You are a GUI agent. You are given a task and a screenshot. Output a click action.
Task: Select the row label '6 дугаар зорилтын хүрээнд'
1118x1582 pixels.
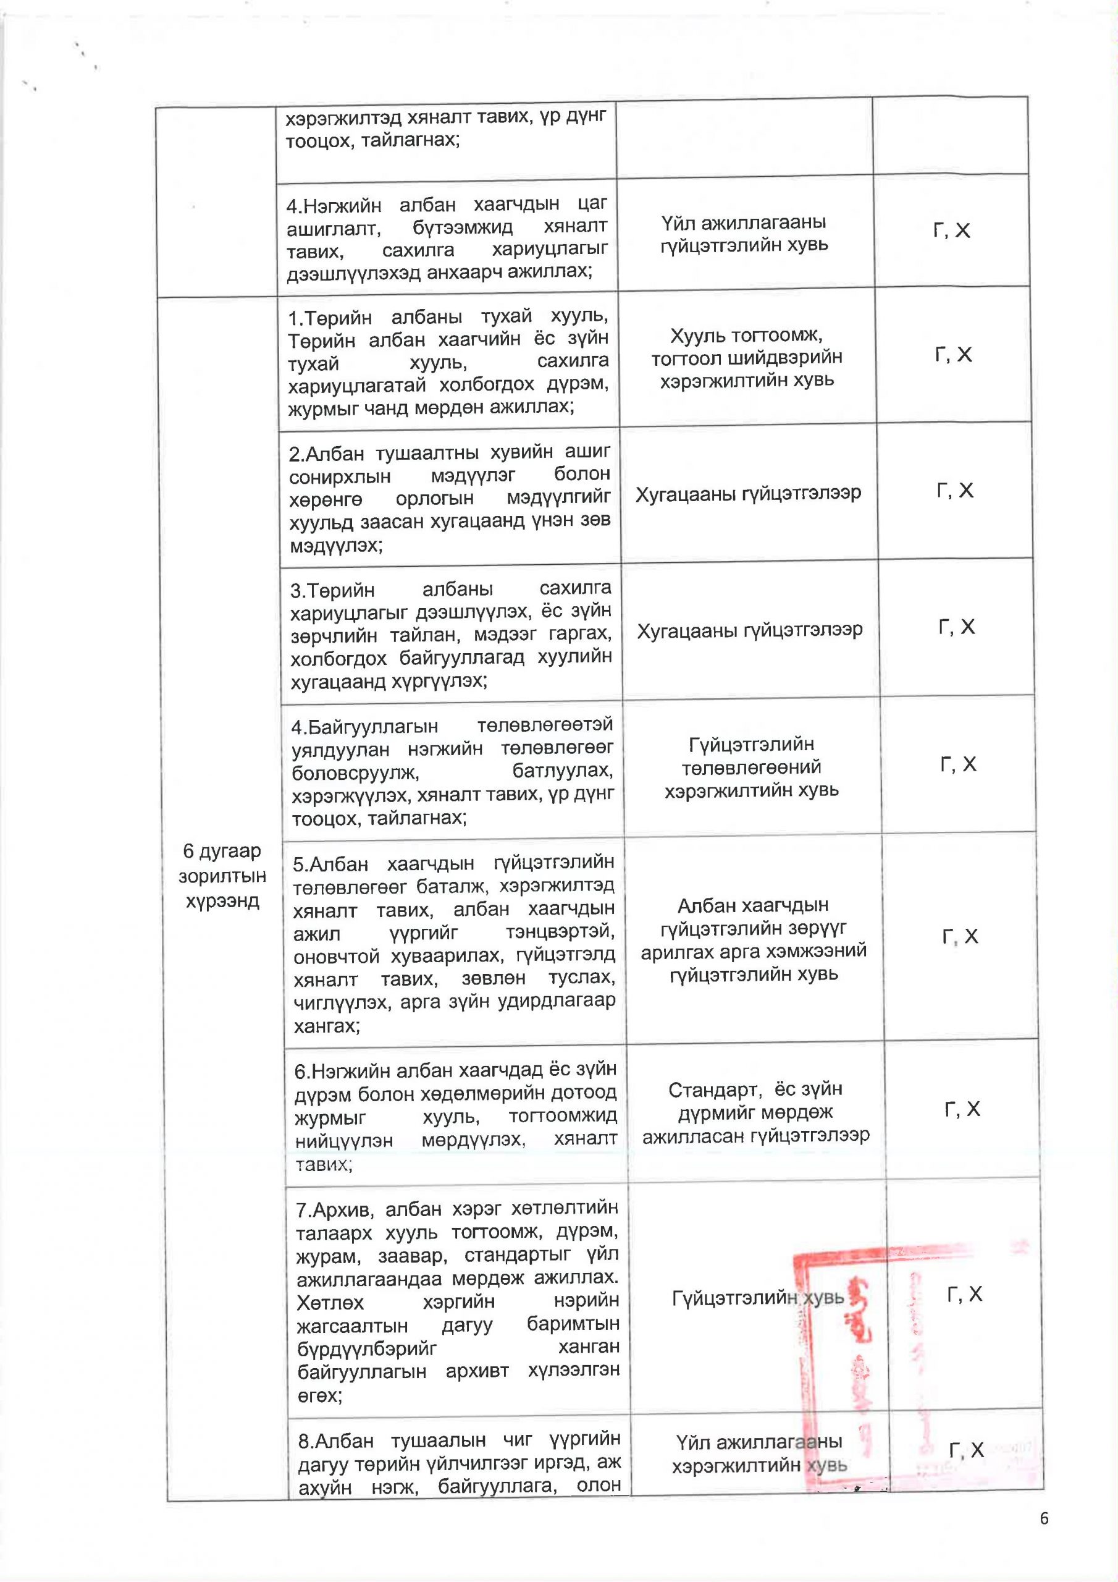(222, 876)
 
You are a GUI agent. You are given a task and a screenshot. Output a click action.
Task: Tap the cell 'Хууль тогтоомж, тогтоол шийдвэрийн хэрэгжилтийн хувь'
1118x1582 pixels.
(747, 357)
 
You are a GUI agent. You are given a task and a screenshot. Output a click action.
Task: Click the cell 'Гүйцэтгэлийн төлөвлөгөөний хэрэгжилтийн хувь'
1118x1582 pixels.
(752, 767)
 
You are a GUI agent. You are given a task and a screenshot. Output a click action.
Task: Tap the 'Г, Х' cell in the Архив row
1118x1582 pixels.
(964, 1295)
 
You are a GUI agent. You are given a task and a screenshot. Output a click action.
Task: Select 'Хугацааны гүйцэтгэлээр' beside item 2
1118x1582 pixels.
(748, 493)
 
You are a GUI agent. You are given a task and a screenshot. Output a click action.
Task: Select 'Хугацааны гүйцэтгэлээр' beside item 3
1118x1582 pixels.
(749, 630)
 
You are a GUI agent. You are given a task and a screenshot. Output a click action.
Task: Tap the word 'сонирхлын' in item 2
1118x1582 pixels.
(340, 476)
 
